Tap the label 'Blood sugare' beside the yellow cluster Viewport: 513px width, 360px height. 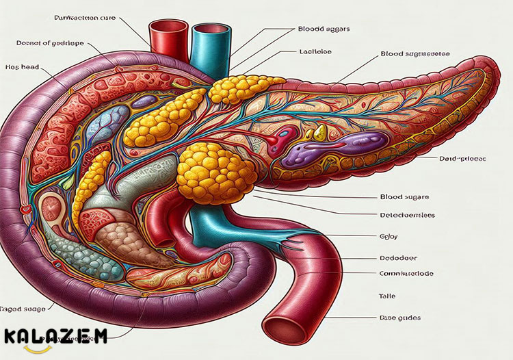tap(401, 197)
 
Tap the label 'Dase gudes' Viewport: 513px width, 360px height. tap(400, 318)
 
